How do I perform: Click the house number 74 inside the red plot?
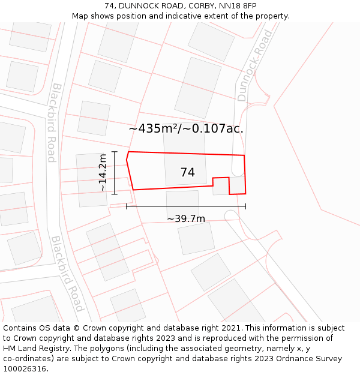click(x=187, y=172)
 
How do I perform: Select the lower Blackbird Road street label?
click(x=67, y=273)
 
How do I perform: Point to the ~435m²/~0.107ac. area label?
click(x=186, y=128)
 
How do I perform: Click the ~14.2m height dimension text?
click(x=103, y=173)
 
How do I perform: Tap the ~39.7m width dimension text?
click(x=186, y=218)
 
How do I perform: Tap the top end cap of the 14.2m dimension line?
click(x=114, y=152)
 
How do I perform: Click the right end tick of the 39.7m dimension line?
click(x=245, y=206)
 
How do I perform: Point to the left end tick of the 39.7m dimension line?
click(x=127, y=206)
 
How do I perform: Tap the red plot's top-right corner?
click(x=244, y=155)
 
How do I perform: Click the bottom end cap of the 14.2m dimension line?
click(x=114, y=194)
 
